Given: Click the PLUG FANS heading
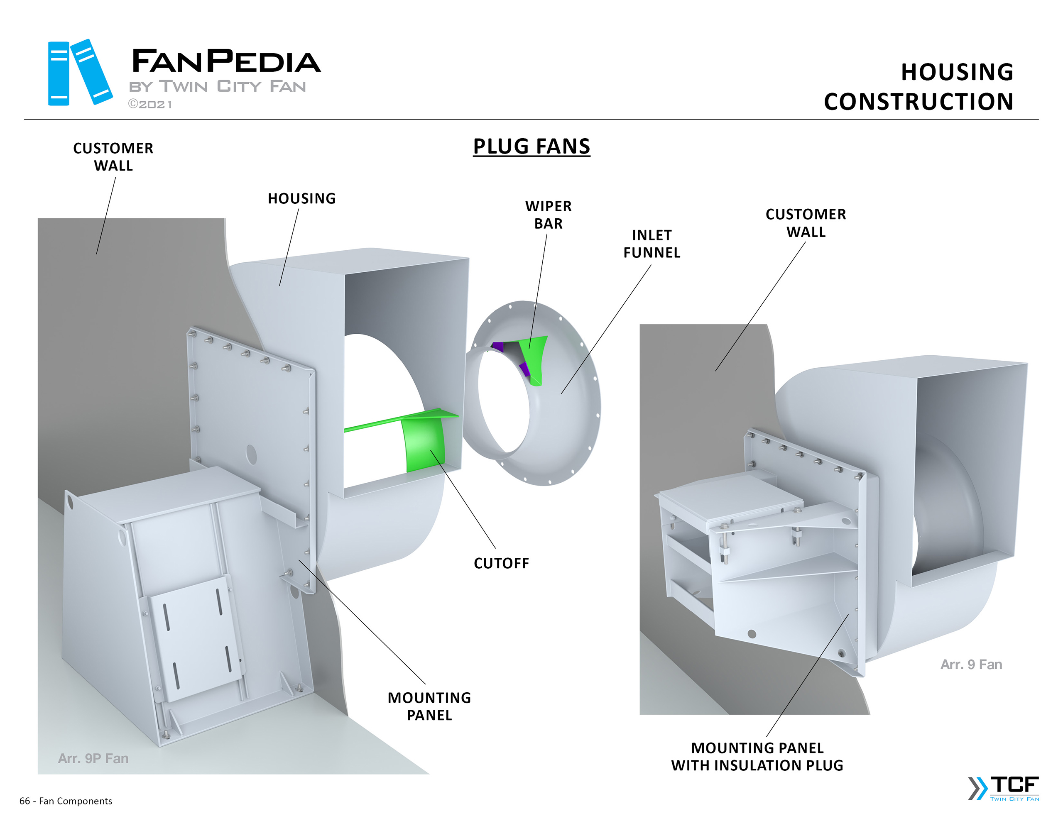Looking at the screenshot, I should [531, 147].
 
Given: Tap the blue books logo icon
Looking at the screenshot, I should [79, 73].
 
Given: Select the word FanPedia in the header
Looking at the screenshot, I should [226, 61].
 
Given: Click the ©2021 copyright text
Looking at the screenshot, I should [150, 105].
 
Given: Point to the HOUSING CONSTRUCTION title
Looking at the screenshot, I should [918, 87].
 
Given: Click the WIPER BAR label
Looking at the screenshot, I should [548, 215].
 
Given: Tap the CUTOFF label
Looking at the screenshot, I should [501, 563].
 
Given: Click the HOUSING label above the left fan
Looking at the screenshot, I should [301, 198].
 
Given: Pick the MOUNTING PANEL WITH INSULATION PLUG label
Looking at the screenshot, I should [757, 756].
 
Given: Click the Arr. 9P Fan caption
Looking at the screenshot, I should [93, 758].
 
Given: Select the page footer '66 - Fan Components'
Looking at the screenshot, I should [66, 801].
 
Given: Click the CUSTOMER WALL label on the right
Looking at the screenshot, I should [806, 223].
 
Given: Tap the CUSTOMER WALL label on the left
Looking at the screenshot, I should [113, 157].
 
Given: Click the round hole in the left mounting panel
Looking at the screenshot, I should [251, 454].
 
